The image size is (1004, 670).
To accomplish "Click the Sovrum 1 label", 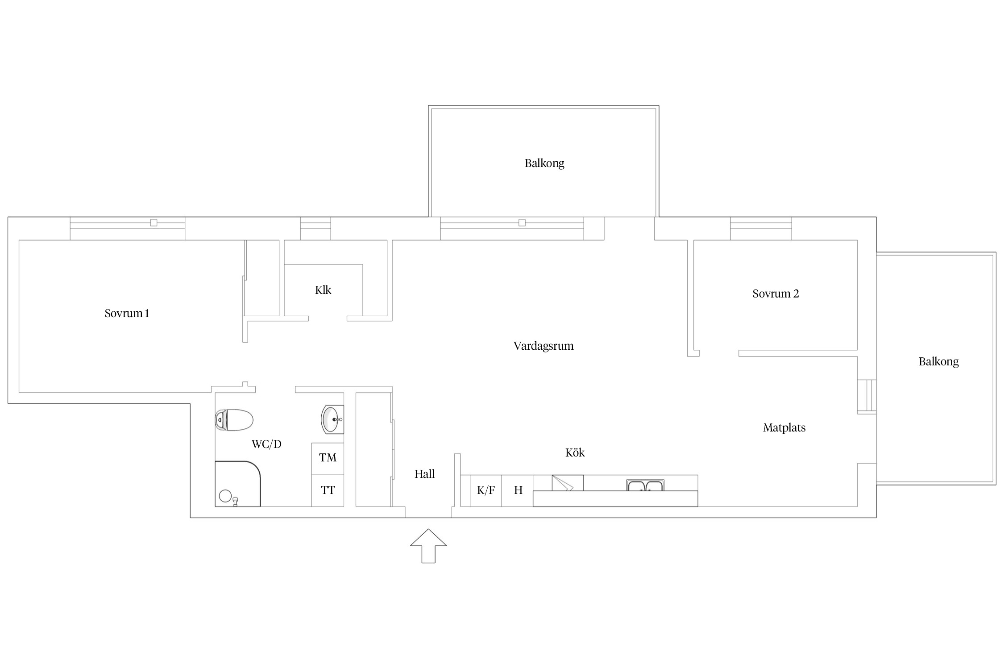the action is [127, 314].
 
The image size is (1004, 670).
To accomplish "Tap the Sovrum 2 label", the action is [776, 294].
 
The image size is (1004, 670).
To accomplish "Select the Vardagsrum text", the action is [543, 346].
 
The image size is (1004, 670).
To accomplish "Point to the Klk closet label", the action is [323, 290].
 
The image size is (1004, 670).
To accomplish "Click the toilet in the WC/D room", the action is [234, 420].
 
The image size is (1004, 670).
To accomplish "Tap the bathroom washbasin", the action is [332, 419].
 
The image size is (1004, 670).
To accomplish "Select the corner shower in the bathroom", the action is [237, 484].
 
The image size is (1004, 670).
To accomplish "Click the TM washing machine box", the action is [328, 458].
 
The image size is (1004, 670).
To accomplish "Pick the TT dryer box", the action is [328, 490].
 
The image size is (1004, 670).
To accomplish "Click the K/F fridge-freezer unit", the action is [485, 490].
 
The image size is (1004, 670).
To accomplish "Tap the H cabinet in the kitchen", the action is [518, 490].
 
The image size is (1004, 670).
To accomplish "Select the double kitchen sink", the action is [645, 485].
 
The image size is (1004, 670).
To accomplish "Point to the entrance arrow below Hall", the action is [428, 546].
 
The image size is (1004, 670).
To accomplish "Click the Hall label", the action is [424, 474].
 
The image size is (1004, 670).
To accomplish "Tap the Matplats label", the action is [784, 428].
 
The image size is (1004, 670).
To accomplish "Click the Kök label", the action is [575, 452].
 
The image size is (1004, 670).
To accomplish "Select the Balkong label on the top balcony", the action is [544, 163].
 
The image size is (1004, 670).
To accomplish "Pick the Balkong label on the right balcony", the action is [938, 362].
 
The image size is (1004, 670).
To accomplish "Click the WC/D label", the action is [266, 444].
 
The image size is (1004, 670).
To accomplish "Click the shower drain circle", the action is [225, 496].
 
